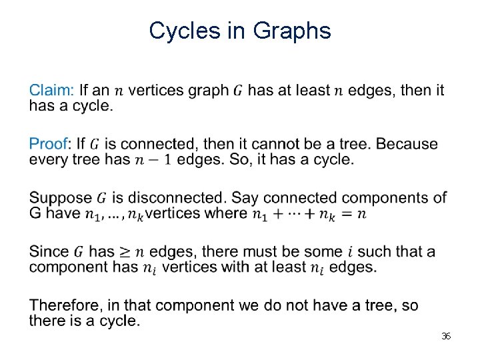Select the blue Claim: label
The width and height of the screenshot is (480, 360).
[x=51, y=90]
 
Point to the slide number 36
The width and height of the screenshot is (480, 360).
[x=446, y=336]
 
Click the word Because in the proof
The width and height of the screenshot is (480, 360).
[x=412, y=144]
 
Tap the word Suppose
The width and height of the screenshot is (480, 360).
[x=61, y=198]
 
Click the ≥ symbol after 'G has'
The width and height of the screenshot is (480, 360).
[x=125, y=252]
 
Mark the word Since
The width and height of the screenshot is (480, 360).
[x=49, y=252]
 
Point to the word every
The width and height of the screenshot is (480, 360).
[x=46, y=160]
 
